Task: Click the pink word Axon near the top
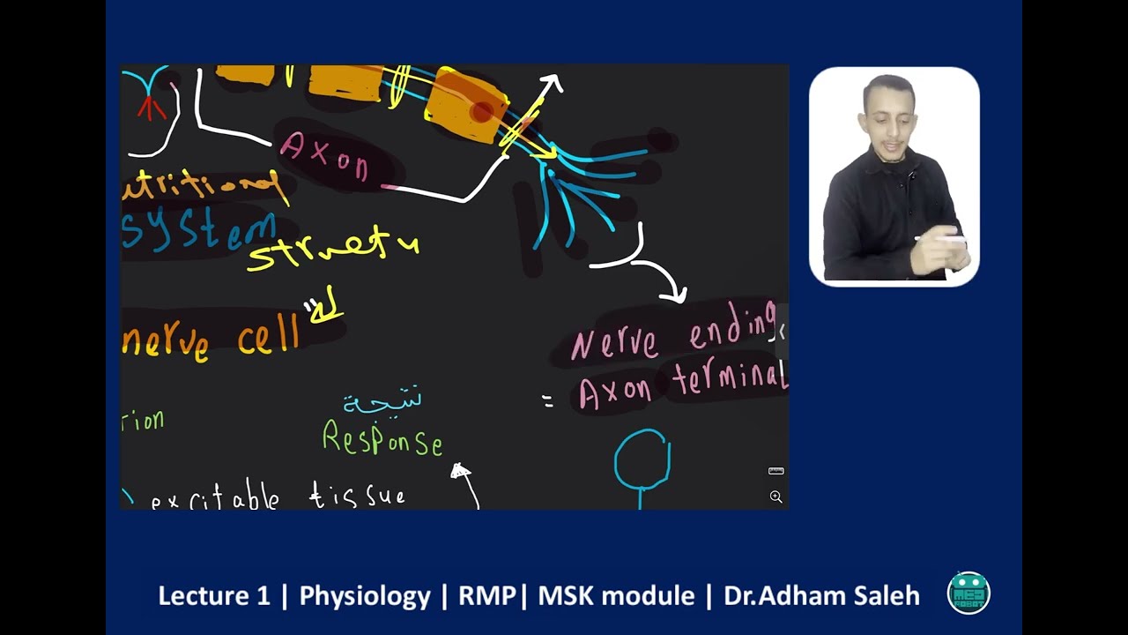click(x=324, y=157)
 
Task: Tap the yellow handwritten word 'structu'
click(x=333, y=249)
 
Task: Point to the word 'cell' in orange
click(x=269, y=338)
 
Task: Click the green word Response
click(x=382, y=438)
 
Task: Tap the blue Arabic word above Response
click(x=382, y=401)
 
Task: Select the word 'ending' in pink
click(x=732, y=331)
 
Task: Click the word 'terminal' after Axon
click(x=730, y=380)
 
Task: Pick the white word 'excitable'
click(x=215, y=498)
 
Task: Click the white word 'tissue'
click(x=357, y=497)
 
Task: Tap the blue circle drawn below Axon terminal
click(x=642, y=459)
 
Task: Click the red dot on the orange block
click(x=481, y=112)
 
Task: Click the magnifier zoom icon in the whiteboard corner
click(x=775, y=497)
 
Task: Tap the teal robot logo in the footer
click(x=968, y=593)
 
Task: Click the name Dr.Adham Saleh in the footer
click(x=821, y=596)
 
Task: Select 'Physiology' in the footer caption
click(x=365, y=596)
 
